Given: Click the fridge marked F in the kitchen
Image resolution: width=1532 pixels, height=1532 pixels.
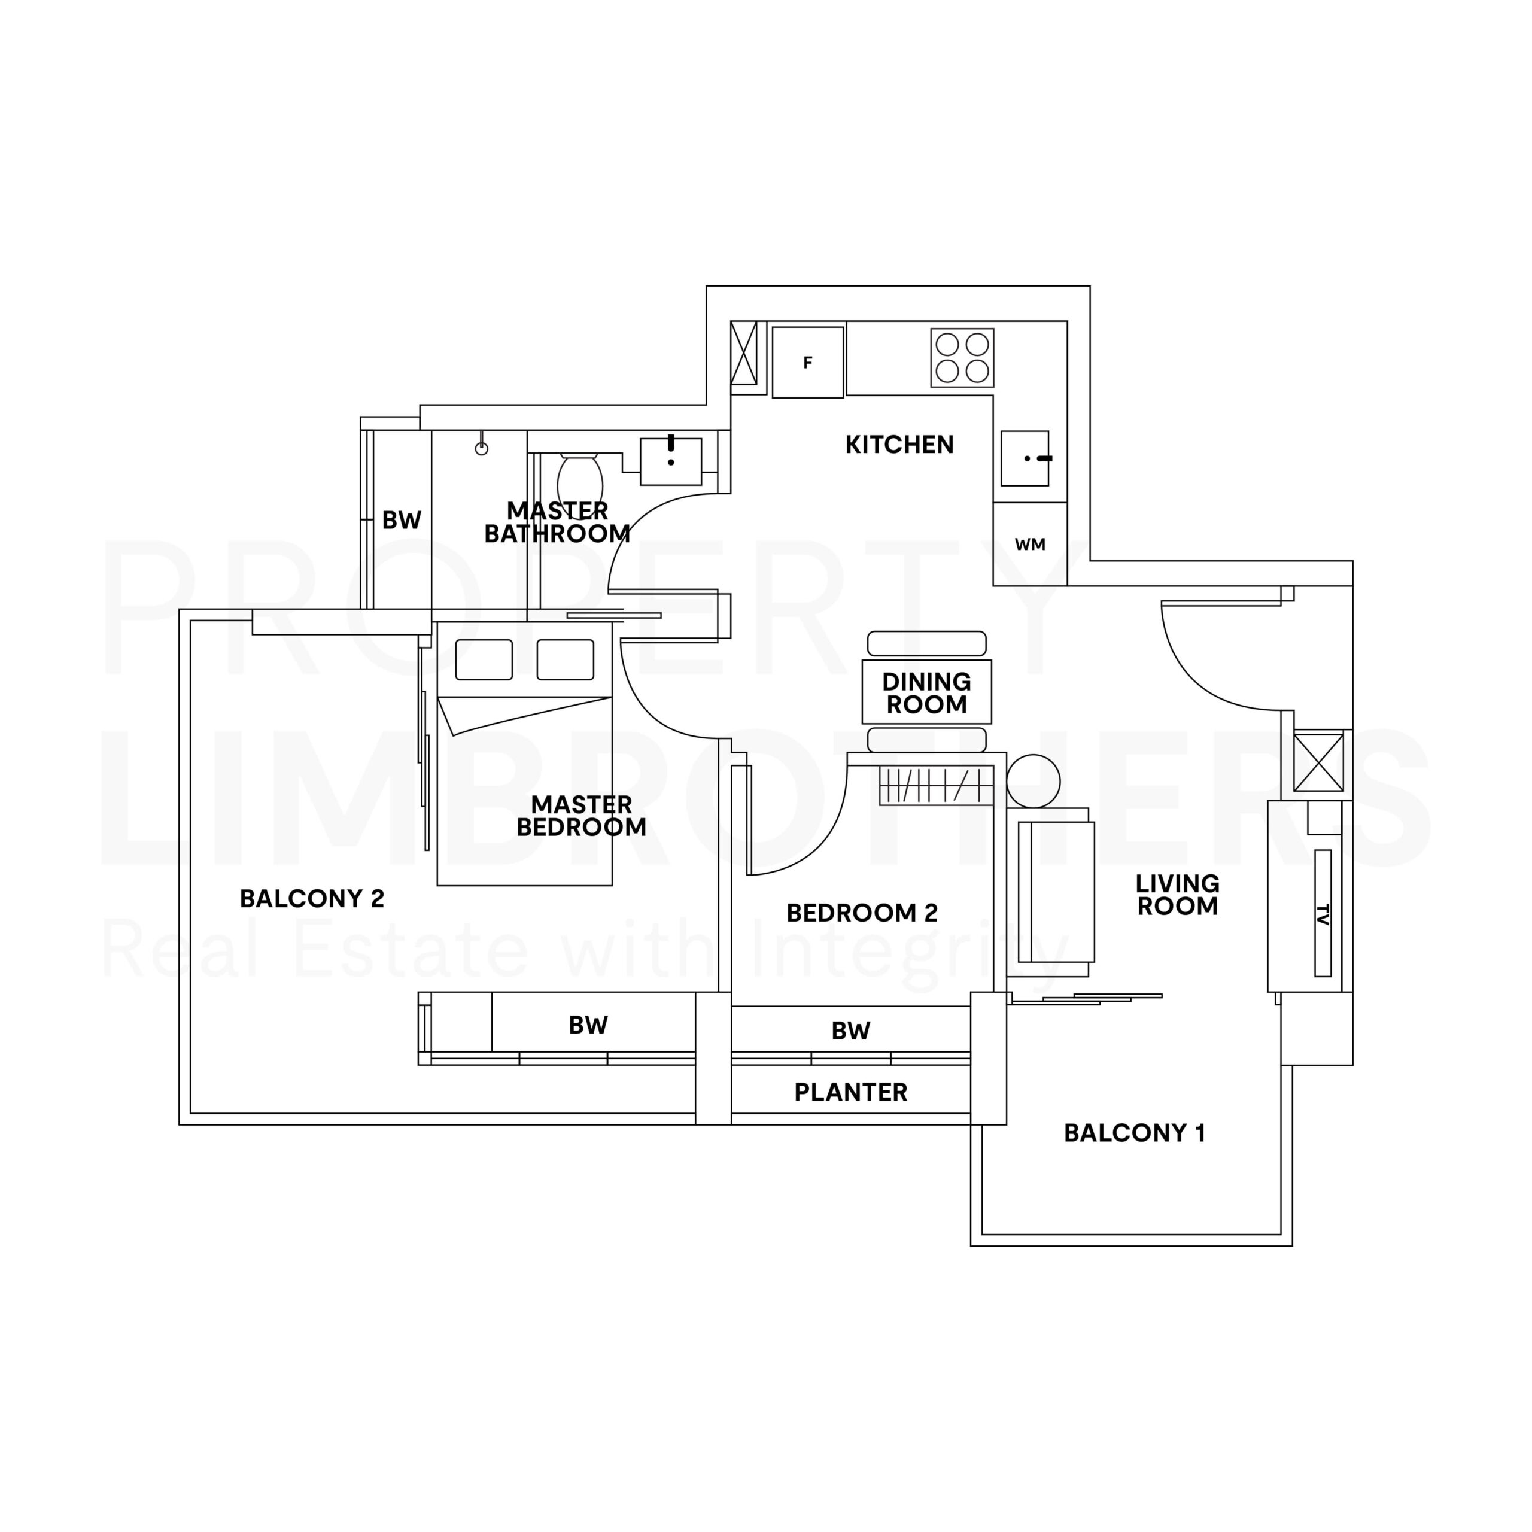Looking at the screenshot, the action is (807, 363).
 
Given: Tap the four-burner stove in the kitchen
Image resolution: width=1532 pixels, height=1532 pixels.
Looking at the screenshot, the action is (962, 358).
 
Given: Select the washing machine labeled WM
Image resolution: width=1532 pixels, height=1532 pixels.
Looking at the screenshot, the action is (1030, 544).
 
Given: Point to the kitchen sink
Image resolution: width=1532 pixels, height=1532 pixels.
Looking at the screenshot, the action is (1025, 458).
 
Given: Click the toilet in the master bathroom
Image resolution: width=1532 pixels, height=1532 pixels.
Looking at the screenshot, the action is (580, 483).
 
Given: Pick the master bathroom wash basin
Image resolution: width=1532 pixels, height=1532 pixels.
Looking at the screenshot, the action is (671, 461).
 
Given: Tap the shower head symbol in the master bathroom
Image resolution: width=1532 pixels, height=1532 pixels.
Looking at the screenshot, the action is (481, 446).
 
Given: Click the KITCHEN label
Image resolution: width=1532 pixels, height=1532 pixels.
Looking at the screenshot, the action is (899, 445).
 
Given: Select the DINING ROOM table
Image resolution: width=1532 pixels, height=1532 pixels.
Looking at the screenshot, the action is (926, 692).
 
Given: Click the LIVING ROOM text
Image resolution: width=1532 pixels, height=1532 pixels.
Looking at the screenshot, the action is (1178, 895).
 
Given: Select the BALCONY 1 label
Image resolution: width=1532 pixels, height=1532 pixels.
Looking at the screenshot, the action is (1135, 1133).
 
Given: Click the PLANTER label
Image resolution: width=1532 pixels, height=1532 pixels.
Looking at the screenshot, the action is (851, 1093).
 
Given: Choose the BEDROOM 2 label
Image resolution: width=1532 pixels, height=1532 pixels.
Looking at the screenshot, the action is (862, 913).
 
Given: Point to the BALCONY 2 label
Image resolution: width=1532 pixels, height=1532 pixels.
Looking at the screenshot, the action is (312, 898).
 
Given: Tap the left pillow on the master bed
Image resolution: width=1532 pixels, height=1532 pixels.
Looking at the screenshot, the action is (484, 659).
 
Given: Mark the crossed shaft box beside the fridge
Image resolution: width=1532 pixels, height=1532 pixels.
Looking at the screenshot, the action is (744, 353).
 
